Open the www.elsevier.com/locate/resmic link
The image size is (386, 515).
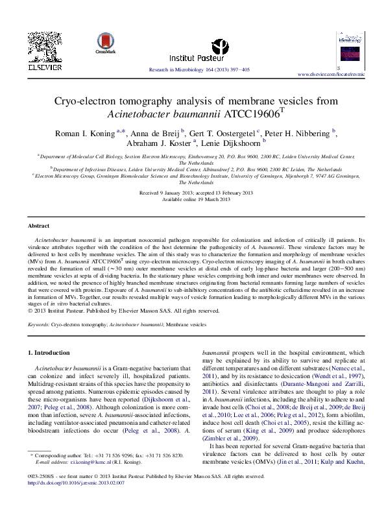pos(331,75)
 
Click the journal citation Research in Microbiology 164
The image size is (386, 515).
pos(199,68)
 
